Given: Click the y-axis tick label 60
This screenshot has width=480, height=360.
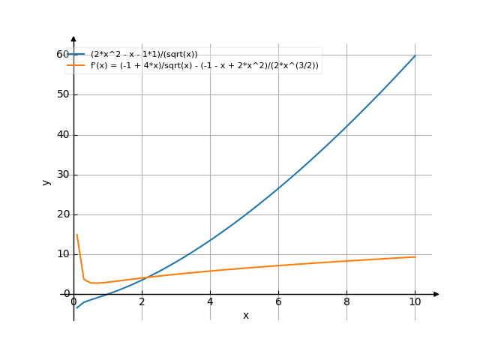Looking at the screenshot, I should [61, 54].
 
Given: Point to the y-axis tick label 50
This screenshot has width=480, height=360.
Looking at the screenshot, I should [61, 94].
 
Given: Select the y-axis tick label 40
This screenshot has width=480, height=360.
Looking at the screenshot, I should [61, 135].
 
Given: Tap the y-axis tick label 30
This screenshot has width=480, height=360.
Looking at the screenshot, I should [61, 175].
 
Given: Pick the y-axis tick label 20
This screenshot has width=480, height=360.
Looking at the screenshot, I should [61, 214].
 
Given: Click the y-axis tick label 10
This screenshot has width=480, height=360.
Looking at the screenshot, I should [61, 254].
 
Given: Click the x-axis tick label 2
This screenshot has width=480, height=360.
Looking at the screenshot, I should [142, 301].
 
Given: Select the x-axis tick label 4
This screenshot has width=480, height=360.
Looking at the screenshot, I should [210, 301].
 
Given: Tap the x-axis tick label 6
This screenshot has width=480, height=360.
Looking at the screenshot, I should [278, 301].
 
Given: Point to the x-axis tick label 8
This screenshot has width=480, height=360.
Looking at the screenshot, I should [346, 301].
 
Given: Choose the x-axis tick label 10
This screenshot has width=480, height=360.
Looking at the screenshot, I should [415, 301].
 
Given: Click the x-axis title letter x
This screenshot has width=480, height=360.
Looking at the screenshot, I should [246, 316].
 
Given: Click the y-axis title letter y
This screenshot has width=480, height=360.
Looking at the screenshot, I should [46, 182].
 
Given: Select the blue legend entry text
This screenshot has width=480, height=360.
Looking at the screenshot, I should [144, 55].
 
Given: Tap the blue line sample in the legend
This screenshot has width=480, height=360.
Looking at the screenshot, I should [76, 55].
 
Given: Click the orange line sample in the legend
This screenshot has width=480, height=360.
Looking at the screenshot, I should [76, 65].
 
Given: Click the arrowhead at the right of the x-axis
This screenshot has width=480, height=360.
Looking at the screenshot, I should [436, 294].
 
